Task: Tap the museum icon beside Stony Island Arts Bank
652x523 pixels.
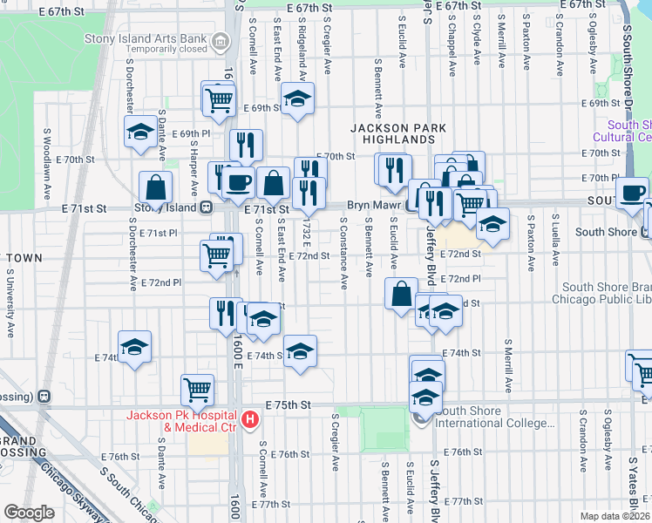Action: (x=220, y=40)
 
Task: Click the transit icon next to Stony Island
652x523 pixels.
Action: (x=207, y=207)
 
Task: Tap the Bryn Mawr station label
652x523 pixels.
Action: (x=373, y=203)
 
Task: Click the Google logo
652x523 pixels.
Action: (x=29, y=513)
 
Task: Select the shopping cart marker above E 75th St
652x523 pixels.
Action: (x=198, y=389)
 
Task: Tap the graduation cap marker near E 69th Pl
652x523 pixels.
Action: (x=139, y=132)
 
